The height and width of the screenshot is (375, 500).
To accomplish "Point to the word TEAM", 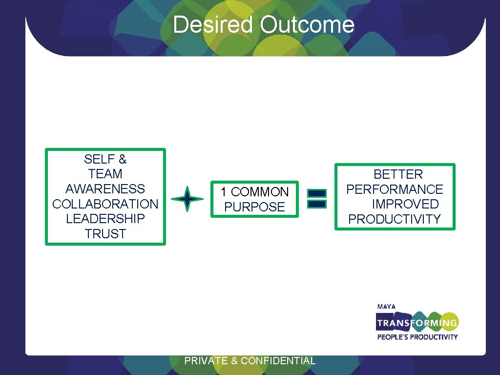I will point(105,174).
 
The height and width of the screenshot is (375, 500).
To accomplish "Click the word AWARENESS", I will point(105,189).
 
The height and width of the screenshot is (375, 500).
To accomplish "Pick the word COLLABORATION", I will point(105,204).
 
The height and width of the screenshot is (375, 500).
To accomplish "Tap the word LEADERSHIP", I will point(105,219).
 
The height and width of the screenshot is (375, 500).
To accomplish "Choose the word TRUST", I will point(105,234).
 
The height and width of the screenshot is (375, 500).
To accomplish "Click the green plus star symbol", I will point(187,199).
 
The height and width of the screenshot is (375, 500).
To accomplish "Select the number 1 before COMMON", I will point(223,192).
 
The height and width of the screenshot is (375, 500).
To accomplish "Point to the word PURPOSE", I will point(254,207).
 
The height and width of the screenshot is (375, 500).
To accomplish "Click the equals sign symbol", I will point(317,199).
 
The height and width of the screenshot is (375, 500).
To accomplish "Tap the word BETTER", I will point(398,174).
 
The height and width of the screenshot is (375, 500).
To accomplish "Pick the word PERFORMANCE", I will point(395,189).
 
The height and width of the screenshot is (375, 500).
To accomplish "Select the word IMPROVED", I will point(405,204).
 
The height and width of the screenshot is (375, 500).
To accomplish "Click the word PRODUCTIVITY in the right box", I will point(395,219).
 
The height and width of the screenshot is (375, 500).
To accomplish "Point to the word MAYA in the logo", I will point(386,307).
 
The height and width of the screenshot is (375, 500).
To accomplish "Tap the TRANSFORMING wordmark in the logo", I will point(417,323).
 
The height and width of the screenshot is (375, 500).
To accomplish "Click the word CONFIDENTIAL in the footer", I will point(278,361).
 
